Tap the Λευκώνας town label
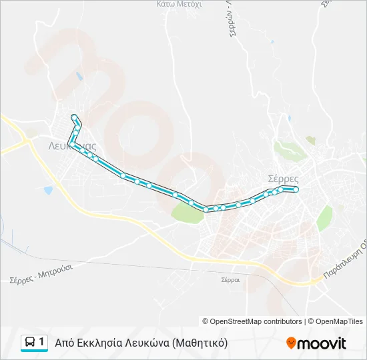[73, 145]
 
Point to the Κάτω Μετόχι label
[179, 3]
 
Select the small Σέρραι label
[230, 281]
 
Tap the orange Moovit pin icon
[291, 343]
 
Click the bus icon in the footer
[31, 343]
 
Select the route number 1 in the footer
[42, 343]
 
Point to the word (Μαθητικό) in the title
[200, 343]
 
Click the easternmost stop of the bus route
[296, 190]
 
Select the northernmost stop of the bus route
[73, 117]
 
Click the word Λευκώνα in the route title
[148, 343]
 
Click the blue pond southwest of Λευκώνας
[48, 190]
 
